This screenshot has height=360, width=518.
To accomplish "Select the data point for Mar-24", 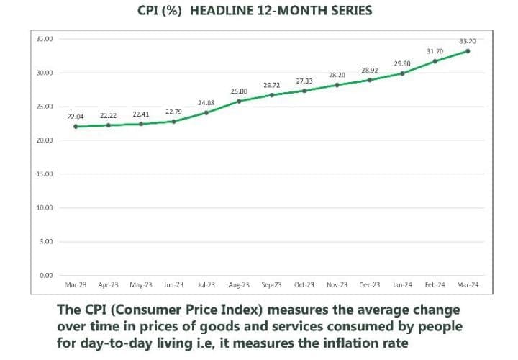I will click(x=468, y=51).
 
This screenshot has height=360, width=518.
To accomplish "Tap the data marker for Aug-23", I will click(x=239, y=101).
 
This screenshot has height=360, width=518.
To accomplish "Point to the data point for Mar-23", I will click(x=76, y=127).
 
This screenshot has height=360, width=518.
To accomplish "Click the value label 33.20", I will click(x=468, y=41).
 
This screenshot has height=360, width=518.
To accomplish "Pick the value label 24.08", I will click(x=206, y=103).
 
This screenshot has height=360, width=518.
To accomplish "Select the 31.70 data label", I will click(x=435, y=52).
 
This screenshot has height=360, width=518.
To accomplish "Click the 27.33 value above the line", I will click(x=304, y=81).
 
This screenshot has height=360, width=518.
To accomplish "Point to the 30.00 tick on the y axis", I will click(x=44, y=73).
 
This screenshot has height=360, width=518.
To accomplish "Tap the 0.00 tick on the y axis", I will click(x=47, y=276).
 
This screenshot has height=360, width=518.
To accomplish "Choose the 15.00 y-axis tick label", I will click(x=44, y=174).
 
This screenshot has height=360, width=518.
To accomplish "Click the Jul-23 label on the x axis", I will click(x=206, y=285).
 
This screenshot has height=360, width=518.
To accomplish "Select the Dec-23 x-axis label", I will click(x=370, y=285).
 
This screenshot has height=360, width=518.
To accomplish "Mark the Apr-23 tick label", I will click(x=109, y=285).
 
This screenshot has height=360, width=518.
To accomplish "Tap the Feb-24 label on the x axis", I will click(x=435, y=285).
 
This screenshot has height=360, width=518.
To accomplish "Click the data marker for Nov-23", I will click(x=337, y=85).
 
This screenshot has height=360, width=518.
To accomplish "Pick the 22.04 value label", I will click(x=76, y=117).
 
